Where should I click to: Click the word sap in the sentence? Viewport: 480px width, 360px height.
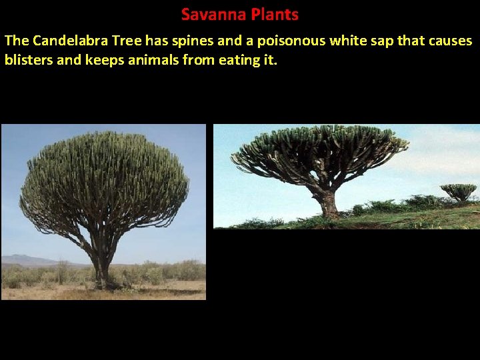click(x=382, y=41)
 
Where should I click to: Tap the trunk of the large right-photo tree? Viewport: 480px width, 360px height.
click(x=328, y=203)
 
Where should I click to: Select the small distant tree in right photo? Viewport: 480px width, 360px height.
click(x=459, y=191)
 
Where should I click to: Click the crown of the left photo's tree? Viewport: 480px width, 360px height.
click(x=104, y=180)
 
